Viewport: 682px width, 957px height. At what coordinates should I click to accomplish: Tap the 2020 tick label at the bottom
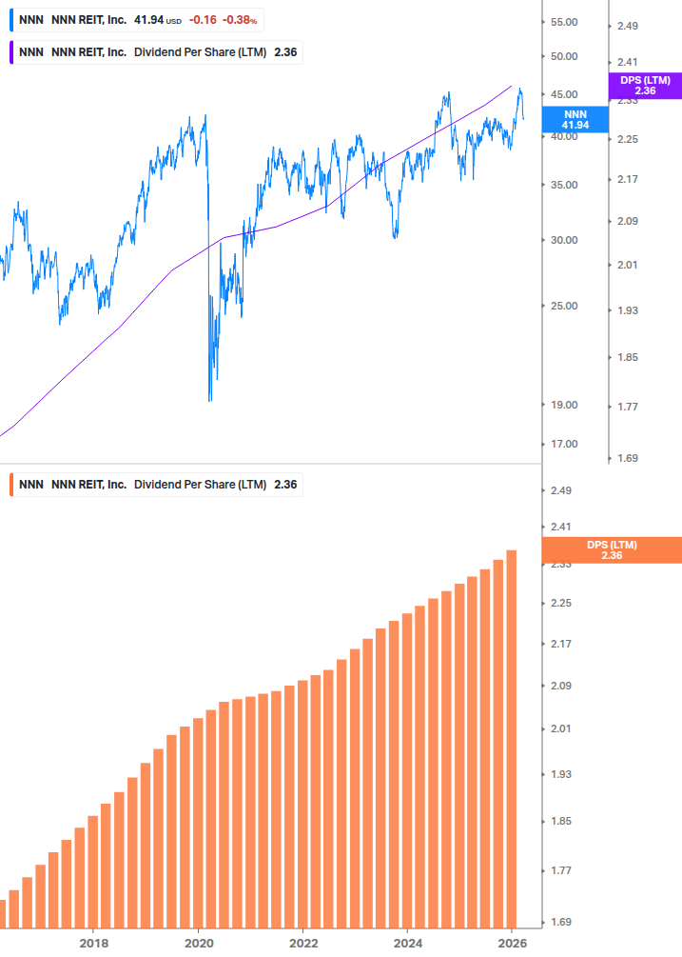(x=198, y=943)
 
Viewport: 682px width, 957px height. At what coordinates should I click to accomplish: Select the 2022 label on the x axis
(x=302, y=943)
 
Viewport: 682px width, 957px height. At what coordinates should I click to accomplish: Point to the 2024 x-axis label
(x=407, y=943)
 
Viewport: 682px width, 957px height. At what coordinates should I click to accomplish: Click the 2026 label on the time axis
(x=512, y=943)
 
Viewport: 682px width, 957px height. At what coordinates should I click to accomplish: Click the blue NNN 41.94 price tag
(x=575, y=119)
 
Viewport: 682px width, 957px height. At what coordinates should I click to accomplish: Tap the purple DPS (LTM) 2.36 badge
(x=645, y=86)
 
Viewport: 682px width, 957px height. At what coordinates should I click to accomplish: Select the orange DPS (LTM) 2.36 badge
(x=611, y=550)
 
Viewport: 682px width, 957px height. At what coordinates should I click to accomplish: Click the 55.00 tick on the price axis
(x=565, y=22)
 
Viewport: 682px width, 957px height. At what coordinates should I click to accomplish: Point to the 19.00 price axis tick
(x=565, y=405)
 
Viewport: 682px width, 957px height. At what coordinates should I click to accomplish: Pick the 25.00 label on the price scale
(x=565, y=306)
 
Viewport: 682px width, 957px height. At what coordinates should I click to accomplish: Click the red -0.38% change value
(x=240, y=19)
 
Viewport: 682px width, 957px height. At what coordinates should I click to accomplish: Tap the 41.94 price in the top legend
(x=148, y=19)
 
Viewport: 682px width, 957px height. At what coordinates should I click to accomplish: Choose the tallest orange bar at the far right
(x=512, y=738)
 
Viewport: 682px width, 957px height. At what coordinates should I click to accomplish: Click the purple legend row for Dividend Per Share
(x=157, y=52)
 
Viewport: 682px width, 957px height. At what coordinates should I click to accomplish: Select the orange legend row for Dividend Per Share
(x=157, y=485)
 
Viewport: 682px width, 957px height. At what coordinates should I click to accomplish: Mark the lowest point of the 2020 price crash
(x=210, y=400)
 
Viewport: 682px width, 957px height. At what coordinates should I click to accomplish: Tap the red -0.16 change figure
(x=202, y=19)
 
